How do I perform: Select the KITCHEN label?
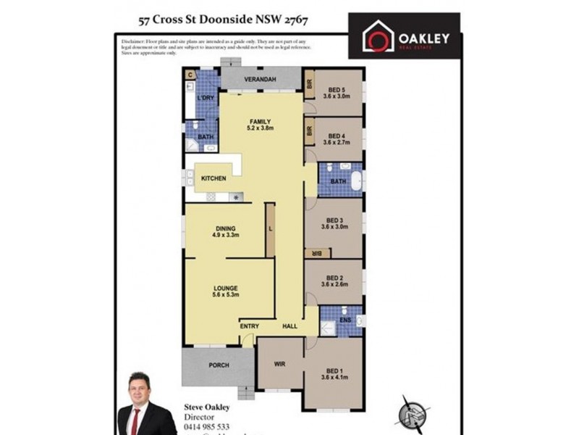pyautogui.click(x=214, y=178)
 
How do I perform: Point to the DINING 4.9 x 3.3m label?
pyautogui.click(x=226, y=231)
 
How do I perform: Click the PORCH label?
pyautogui.click(x=219, y=365)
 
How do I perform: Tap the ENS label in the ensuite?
pyautogui.click(x=345, y=319)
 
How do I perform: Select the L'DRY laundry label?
pyautogui.click(x=206, y=98)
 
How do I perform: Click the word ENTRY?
pyautogui.click(x=250, y=326)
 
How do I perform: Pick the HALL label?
pyautogui.click(x=290, y=326)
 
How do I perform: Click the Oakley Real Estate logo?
pyautogui.click(x=404, y=36)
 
